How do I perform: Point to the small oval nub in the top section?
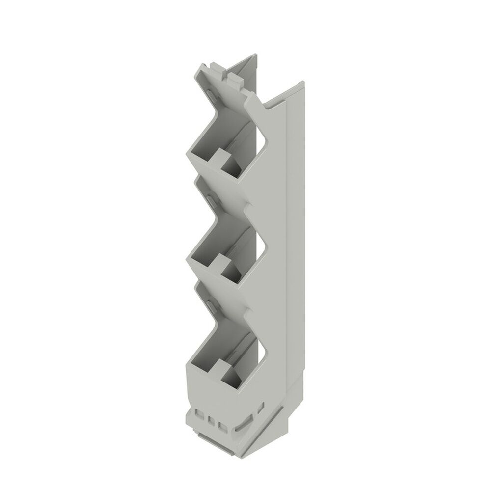[x=210, y=95]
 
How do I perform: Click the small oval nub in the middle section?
[x=210, y=201]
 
